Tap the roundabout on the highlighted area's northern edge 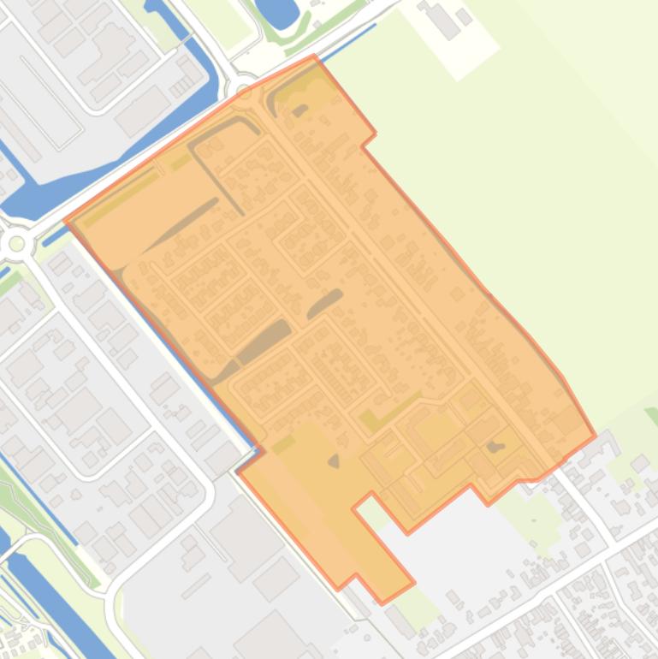pos(244,92)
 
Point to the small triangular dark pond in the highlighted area pos(334,461)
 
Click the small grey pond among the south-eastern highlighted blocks pos(494,446)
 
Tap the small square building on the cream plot pos(465,16)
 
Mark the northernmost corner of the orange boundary pos(314,56)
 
